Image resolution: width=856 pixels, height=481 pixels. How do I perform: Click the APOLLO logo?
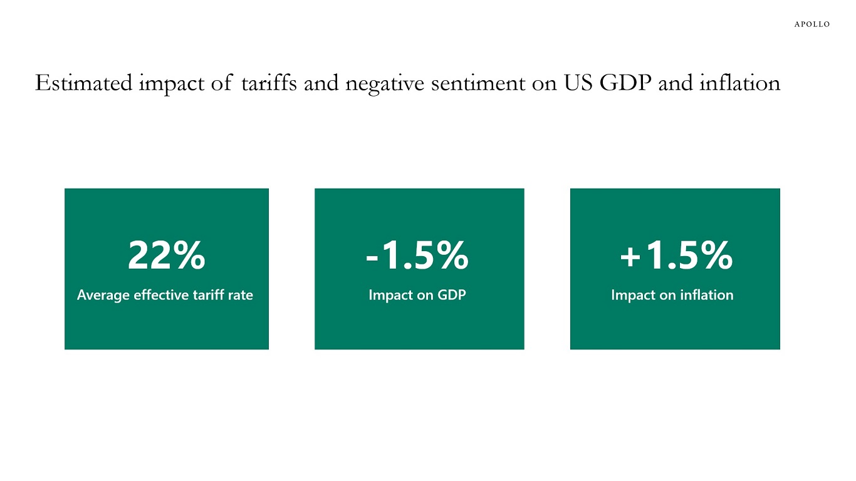click(x=812, y=24)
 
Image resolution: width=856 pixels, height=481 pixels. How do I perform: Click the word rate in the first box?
click(x=243, y=295)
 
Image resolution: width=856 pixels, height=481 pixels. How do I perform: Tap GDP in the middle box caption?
click(x=452, y=295)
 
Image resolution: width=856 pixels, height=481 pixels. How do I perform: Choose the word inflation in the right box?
click(x=707, y=295)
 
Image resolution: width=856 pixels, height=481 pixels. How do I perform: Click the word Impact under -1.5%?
click(x=389, y=295)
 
